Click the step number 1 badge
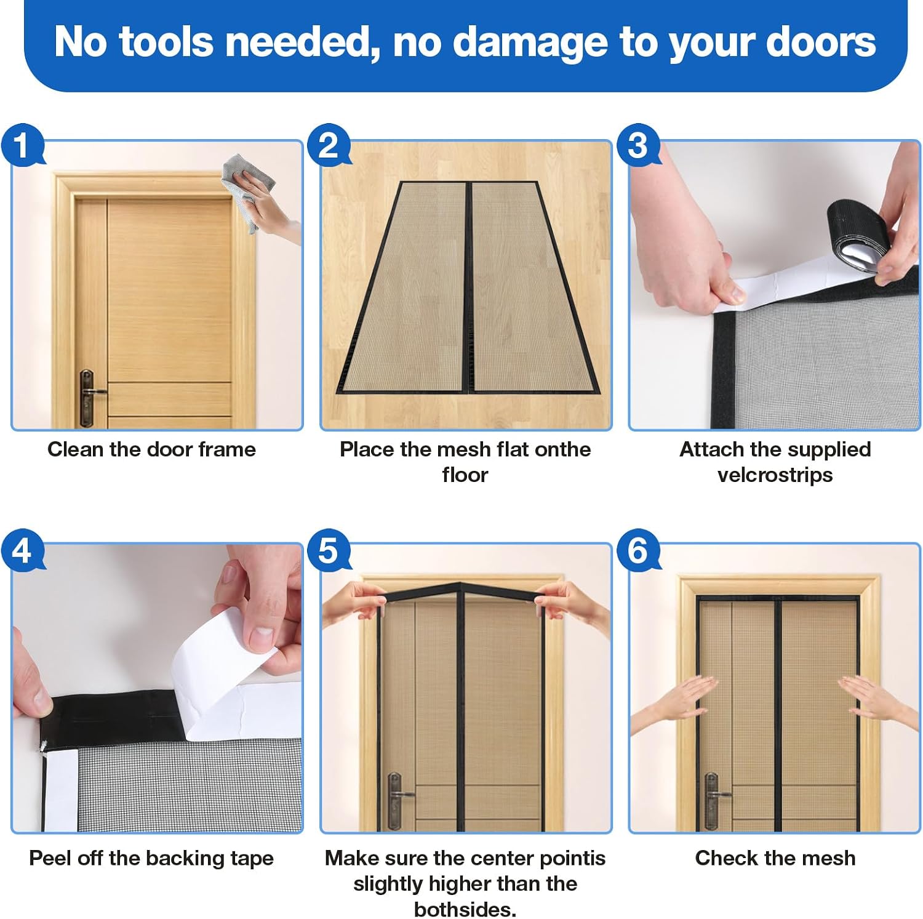coord(22,146)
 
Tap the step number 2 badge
coord(329,145)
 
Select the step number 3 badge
coord(638,145)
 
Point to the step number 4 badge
coord(22,549)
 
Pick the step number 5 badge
coord(329,549)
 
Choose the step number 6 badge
coord(638,549)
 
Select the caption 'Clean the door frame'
coord(151,449)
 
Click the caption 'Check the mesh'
coord(775,857)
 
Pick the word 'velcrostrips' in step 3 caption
coord(775,475)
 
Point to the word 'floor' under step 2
coord(465,475)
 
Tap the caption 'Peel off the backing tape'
coord(151,858)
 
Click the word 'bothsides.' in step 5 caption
coord(465,909)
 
